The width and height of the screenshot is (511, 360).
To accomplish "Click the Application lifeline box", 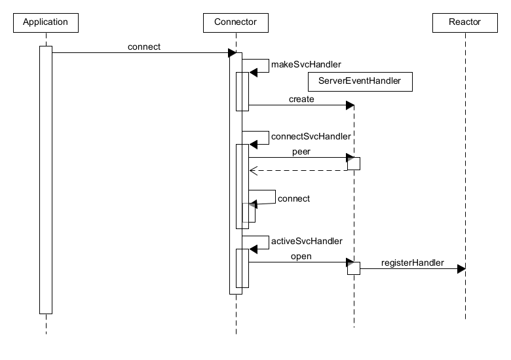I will [45, 22].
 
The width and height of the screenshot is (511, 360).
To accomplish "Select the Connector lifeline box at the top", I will [235, 22].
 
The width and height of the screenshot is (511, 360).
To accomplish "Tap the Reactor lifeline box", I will [464, 22].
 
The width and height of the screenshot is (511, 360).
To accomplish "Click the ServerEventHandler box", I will [360, 81].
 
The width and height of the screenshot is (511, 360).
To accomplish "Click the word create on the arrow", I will [301, 99].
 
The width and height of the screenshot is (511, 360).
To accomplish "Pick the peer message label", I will [301, 151].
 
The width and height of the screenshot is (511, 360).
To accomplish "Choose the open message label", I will [301, 257].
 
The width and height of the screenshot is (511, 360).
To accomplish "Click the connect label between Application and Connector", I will [145, 46].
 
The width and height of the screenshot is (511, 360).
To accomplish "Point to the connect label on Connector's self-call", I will [293, 198].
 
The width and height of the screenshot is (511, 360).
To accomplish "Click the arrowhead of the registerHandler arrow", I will [461, 268].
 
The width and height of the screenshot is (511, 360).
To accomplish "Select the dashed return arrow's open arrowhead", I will [253, 170].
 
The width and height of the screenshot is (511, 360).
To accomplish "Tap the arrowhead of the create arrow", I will [350, 105].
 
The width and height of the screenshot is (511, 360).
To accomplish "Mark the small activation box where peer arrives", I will [353, 164].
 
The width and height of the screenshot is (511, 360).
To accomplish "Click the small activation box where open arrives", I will [353, 268].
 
